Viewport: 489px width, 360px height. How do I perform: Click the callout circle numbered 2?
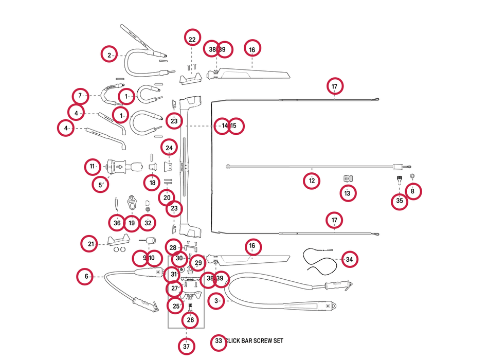point(110,55)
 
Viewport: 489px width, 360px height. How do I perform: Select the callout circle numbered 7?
point(80,96)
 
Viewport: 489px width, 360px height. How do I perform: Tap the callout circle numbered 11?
point(93,167)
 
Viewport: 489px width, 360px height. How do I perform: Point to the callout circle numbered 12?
point(312,181)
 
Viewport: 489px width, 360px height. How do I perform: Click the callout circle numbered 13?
point(348,193)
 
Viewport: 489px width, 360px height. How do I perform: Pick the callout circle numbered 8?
point(412,191)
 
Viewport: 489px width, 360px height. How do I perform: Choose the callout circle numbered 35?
point(400,201)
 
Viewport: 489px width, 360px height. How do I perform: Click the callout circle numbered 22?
point(192,40)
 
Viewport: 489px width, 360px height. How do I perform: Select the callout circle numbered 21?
point(91,244)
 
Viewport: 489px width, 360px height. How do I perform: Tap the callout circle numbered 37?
point(186,347)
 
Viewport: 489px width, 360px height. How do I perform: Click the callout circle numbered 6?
point(86,277)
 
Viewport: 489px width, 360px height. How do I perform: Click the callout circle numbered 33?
point(219,341)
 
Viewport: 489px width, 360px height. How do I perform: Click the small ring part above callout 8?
point(412,176)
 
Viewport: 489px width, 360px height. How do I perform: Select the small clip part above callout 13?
point(348,178)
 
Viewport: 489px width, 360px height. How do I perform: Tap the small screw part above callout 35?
point(400,180)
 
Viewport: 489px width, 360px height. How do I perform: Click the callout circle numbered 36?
point(117,223)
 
